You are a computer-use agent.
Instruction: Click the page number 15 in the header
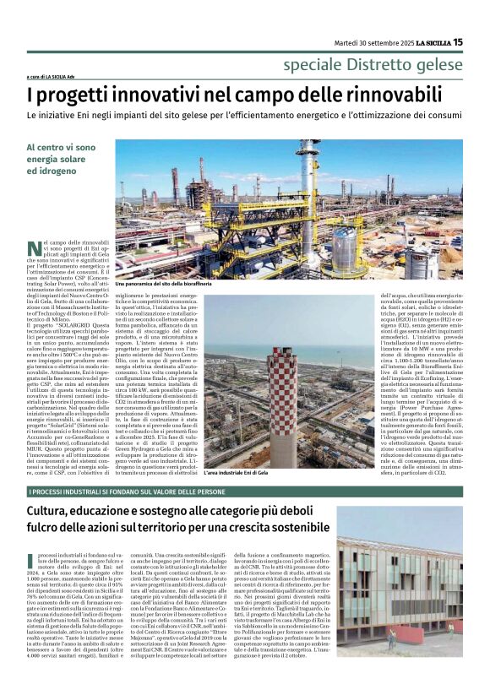pyautogui.click(x=457, y=41)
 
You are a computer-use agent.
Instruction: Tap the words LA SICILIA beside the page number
pyautogui.click(x=428, y=42)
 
